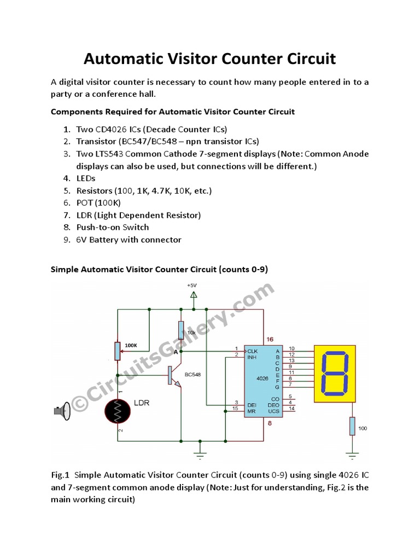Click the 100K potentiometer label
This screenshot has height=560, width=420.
tap(131, 346)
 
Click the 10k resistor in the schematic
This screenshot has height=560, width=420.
tap(181, 331)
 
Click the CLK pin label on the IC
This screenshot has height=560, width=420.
tap(253, 351)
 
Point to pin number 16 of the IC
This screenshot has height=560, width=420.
tap(270, 340)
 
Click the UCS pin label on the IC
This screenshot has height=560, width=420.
tap(273, 409)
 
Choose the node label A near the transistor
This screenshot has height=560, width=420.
tap(176, 352)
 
